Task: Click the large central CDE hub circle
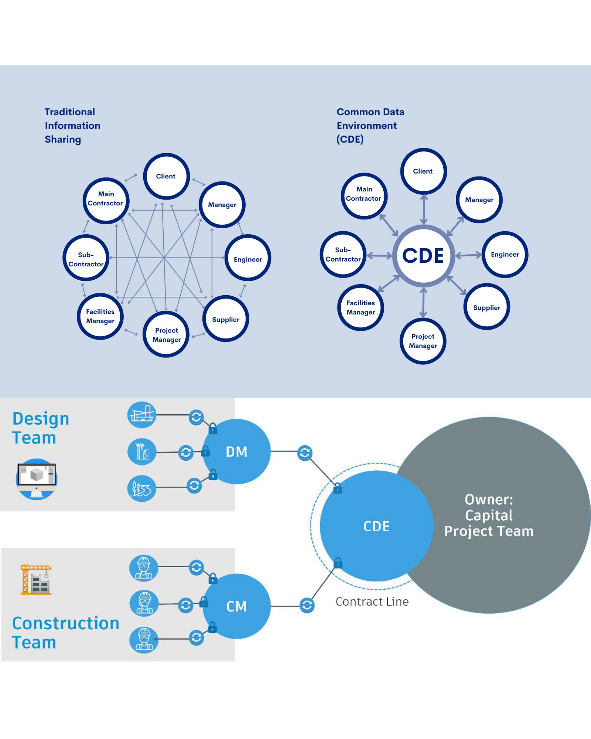point(423,256)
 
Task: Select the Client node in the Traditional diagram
point(166,176)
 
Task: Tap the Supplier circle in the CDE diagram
point(486,307)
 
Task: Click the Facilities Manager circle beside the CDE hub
point(361,307)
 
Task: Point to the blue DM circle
point(236,452)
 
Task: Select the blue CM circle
point(236,606)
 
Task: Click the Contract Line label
point(372,602)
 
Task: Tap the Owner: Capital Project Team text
point(489,515)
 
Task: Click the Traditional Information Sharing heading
point(72,126)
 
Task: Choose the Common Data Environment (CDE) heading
point(370,126)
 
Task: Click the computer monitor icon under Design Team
point(37,479)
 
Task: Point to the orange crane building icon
point(36,580)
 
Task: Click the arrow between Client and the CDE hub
point(424,209)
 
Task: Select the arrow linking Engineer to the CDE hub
point(468,255)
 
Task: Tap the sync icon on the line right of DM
point(305,453)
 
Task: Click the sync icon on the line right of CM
point(307,605)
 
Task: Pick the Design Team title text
point(41,428)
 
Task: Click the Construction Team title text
point(65,633)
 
